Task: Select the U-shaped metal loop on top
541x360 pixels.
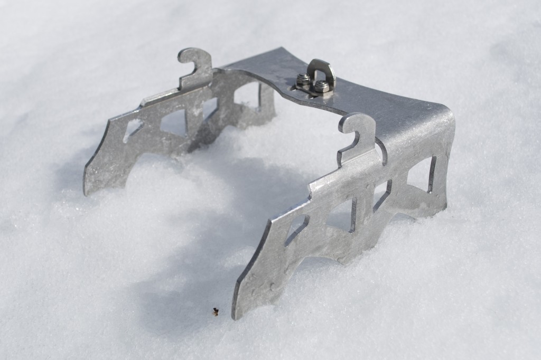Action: (321, 71)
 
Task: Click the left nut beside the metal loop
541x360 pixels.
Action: (303, 80)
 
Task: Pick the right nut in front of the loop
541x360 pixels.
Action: (321, 86)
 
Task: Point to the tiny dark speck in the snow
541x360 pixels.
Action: (215, 311)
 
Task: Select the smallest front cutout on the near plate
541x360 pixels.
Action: (296, 228)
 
